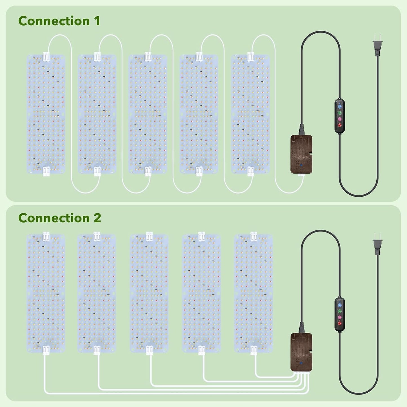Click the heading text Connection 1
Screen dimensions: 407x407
[x=59, y=21]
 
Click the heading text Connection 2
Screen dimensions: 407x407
[x=59, y=218]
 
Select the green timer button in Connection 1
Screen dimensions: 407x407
[x=340, y=113]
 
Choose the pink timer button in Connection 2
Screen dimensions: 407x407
[x=340, y=317]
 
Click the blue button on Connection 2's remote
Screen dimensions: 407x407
[x=340, y=305]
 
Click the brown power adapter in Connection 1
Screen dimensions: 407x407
[x=301, y=154]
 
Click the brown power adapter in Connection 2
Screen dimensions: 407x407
[x=301, y=352]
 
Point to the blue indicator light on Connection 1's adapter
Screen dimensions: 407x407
[x=302, y=166]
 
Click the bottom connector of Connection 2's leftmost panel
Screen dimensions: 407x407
[x=46, y=350]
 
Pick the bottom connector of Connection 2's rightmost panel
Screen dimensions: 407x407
[x=254, y=350]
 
